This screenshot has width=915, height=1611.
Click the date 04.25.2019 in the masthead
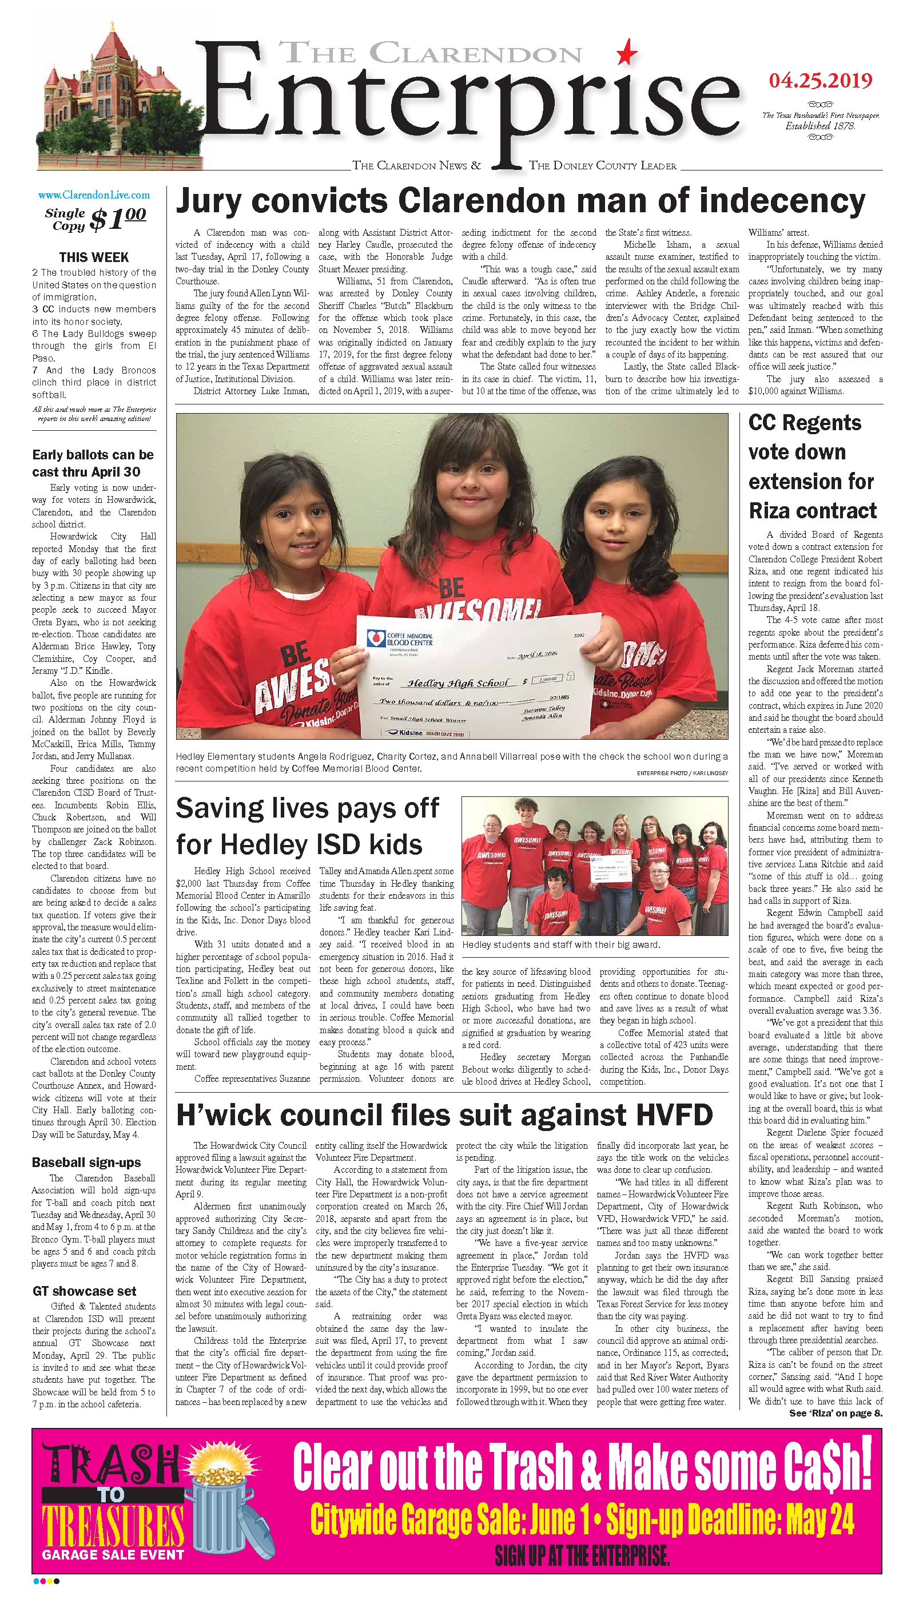tap(820, 81)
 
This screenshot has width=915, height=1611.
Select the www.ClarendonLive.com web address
tap(94, 195)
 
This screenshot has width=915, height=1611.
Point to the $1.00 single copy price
tap(117, 218)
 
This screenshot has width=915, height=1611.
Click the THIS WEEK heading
tap(94, 257)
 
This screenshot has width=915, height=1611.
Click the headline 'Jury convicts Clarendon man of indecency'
tap(520, 202)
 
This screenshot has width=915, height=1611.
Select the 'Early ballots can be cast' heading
tap(93, 463)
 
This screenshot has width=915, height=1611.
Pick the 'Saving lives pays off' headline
tap(307, 826)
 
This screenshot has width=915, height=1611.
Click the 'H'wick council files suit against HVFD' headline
tap(444, 1115)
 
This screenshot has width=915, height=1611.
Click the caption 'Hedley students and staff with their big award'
tap(560, 944)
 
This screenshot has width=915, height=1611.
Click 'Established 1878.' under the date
tap(820, 126)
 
